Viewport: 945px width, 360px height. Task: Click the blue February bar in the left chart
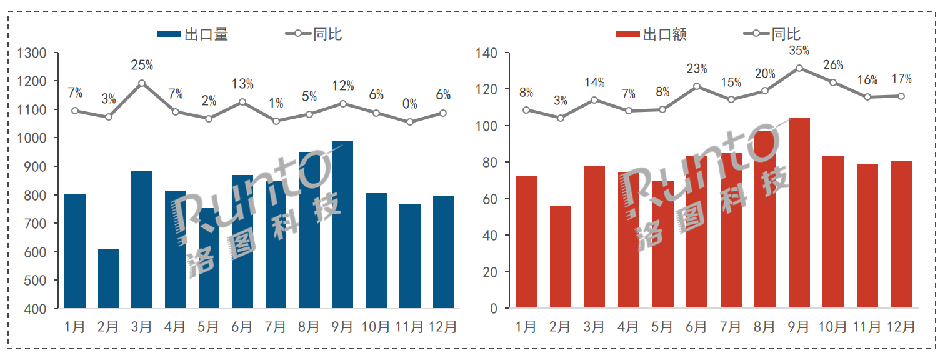[108, 279]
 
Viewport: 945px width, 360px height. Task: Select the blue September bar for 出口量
[342, 225]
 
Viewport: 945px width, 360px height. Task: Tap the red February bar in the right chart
[560, 257]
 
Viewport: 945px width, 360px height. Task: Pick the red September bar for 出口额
[799, 213]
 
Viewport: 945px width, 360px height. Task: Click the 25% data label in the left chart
[142, 65]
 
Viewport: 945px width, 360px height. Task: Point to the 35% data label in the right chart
[799, 51]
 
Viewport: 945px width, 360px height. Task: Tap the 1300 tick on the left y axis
[32, 53]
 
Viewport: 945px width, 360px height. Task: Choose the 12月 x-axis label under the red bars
[901, 327]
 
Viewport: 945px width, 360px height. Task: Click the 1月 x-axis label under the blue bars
[75, 327]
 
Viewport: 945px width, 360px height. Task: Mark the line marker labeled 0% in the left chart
[410, 122]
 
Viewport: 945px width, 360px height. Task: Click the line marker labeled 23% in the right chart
[697, 86]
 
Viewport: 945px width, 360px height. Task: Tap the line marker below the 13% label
[242, 102]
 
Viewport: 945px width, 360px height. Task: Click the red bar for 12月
[901, 234]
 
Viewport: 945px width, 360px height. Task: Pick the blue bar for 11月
[410, 256]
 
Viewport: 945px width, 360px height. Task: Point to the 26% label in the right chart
[833, 65]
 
